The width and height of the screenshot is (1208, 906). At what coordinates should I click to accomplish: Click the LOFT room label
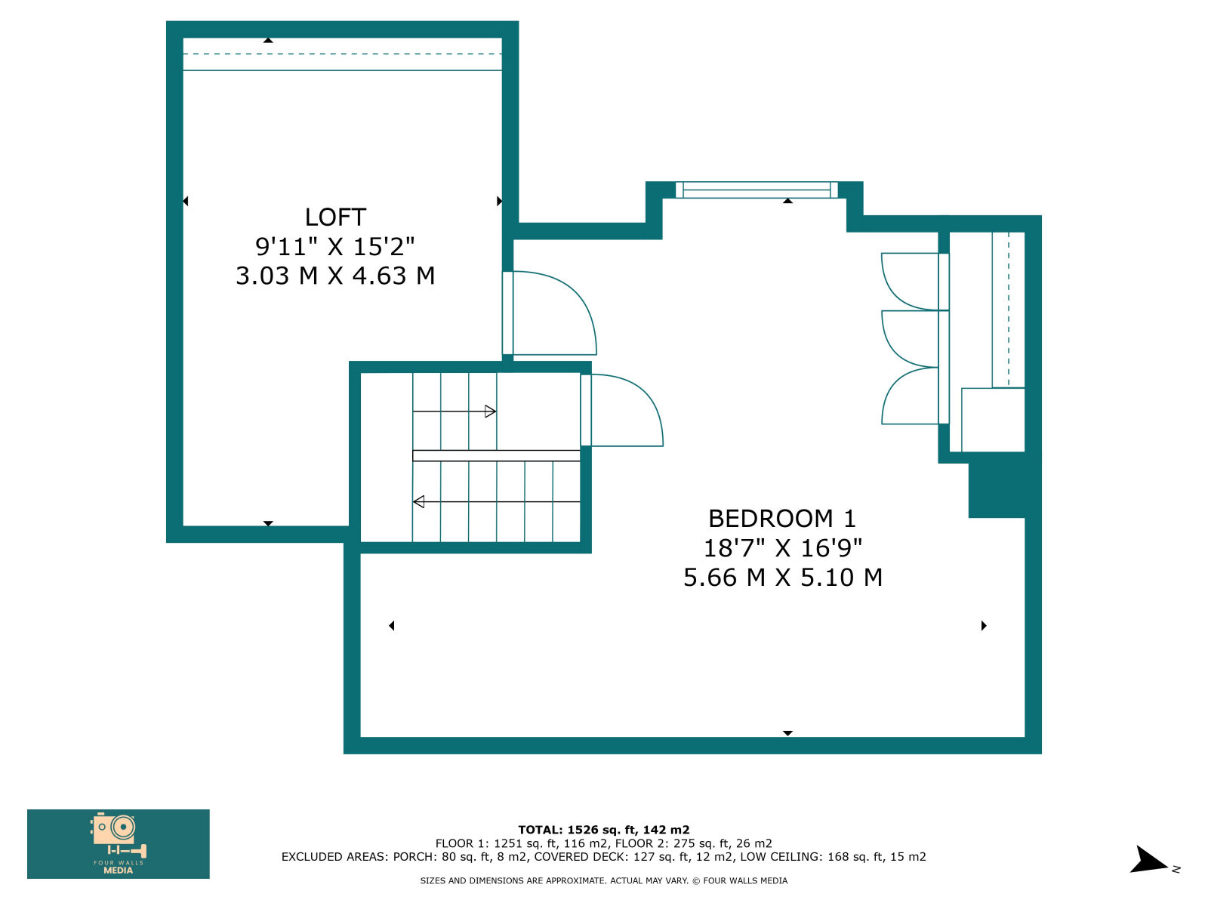coord(335,217)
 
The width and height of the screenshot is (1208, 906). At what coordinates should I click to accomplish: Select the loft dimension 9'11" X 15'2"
coord(334,246)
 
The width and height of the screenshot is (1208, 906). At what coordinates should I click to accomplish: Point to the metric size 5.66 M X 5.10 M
coord(783,578)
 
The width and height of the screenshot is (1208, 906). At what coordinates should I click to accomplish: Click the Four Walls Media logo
coord(119,844)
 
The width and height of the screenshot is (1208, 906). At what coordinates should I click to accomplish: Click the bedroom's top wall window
coord(757,190)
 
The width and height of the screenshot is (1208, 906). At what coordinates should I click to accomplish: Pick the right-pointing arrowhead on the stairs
coord(490,411)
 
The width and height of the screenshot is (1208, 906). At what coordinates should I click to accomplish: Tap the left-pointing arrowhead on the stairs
coord(419,501)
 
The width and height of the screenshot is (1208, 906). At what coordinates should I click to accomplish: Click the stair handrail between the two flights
coord(496,455)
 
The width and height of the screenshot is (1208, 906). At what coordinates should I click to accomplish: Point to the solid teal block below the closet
coord(997,489)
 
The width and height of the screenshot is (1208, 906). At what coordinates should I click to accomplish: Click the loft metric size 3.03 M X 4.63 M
coord(335,276)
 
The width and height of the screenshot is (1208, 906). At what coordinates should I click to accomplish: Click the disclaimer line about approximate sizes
coord(604,880)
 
